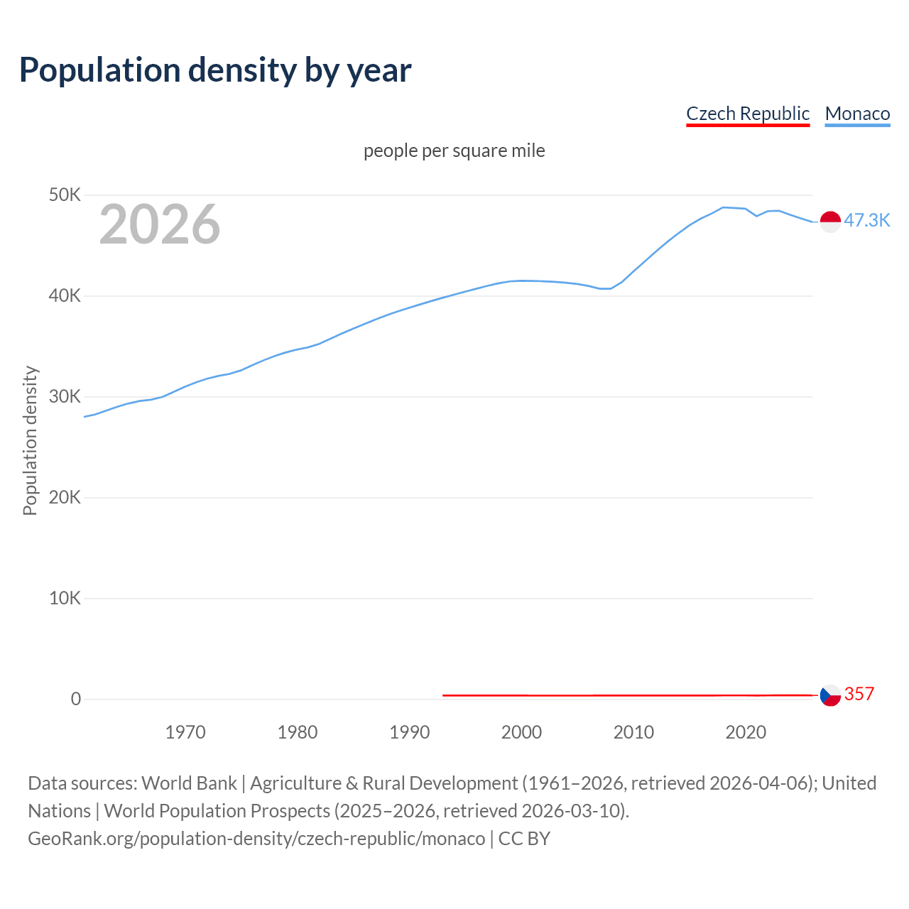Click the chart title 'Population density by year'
coord(215,70)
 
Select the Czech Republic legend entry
coord(747,114)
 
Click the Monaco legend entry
coord(857,114)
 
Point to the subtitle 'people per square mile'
coord(454,151)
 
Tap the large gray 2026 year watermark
coord(160,224)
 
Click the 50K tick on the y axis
coord(65,195)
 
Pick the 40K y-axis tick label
coord(65,295)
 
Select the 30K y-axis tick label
coord(65,396)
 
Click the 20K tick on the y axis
coord(65,497)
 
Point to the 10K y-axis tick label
coord(65,598)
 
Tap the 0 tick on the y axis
coord(75,699)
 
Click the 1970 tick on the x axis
coord(185,732)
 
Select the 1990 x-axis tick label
coord(410,732)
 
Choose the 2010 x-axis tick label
coord(633,732)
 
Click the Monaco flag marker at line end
coord(830,222)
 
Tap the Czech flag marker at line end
coord(830,695)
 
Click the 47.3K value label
coord(866,220)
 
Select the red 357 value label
coord(859,694)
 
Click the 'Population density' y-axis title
coord(30,440)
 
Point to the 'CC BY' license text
coord(524,839)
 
